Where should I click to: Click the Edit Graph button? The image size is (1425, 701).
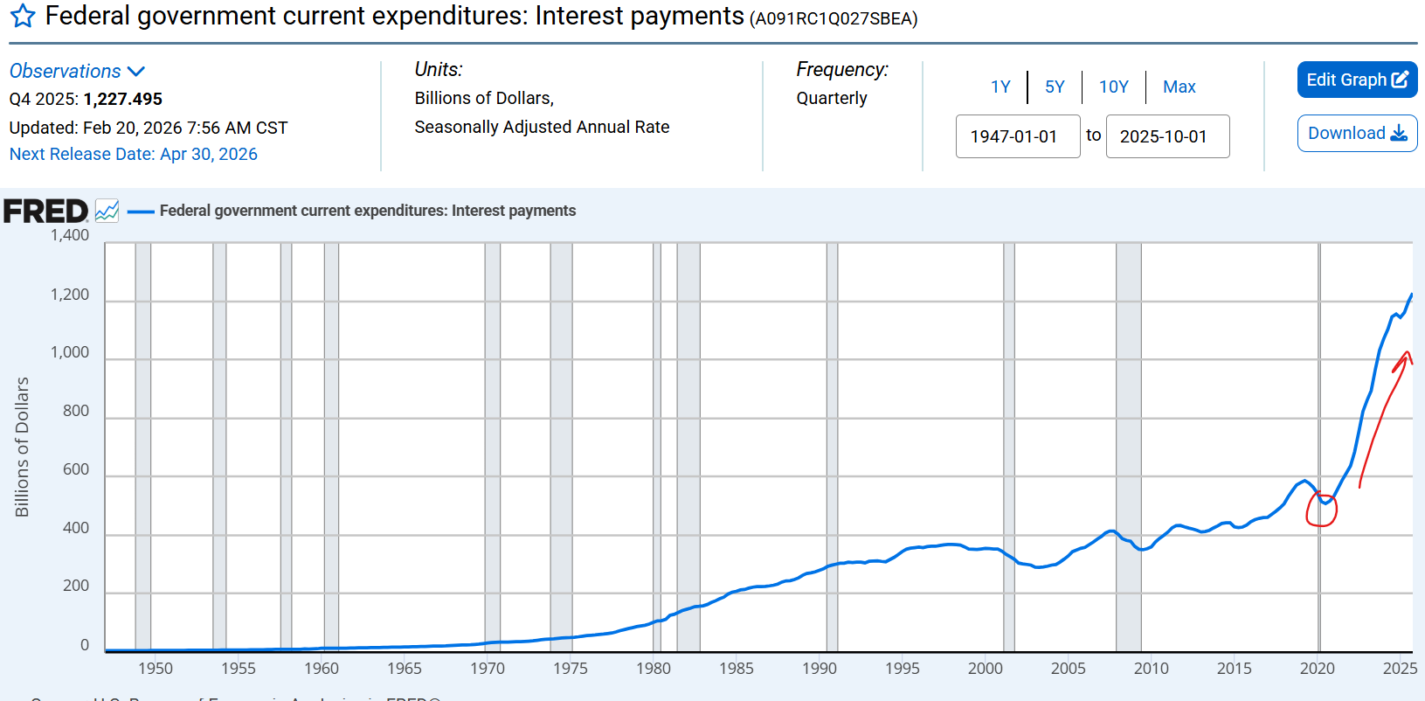click(1356, 80)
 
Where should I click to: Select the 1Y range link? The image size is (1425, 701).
click(1000, 87)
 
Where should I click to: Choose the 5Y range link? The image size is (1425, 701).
click(1055, 87)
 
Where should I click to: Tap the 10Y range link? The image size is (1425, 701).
click(1113, 87)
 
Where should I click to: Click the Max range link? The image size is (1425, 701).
click(1179, 87)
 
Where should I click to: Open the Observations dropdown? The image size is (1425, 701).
click(77, 71)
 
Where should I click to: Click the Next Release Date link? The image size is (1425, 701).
click(134, 154)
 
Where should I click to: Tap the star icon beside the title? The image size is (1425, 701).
click(23, 16)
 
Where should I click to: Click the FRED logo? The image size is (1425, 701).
click(45, 211)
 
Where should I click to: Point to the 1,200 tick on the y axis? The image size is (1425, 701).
click(70, 295)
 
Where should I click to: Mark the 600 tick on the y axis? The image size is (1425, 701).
click(76, 469)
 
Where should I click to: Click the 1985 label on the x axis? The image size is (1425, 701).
click(736, 668)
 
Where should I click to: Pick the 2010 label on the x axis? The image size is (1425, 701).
click(1151, 668)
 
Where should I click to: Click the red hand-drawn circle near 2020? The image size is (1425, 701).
click(1321, 509)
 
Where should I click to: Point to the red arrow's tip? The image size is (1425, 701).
click(1406, 352)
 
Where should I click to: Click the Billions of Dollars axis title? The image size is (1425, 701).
click(22, 447)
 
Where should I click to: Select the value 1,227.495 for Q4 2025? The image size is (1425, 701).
click(123, 99)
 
